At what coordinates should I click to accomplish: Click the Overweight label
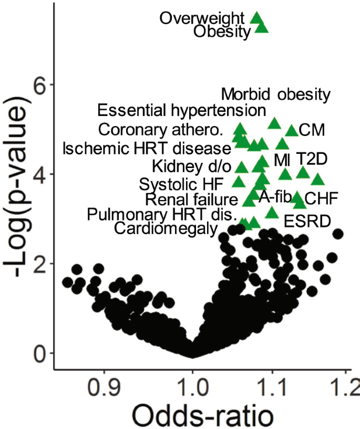203,18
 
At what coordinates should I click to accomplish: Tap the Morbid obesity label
276,95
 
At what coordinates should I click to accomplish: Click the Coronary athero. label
161,129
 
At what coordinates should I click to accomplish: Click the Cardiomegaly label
166,228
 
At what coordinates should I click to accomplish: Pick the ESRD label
307,221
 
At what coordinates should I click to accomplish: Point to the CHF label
321,198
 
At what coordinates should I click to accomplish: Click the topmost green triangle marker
257,17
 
